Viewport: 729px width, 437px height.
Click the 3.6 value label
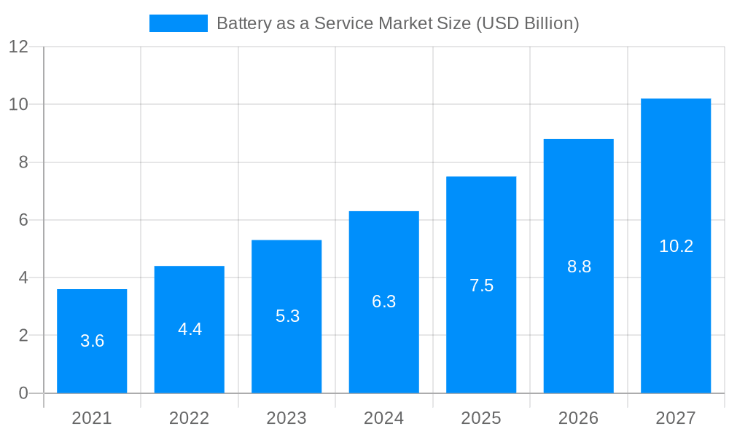[92, 341]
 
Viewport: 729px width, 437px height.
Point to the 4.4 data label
[190, 329]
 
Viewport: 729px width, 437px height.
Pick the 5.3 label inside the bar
[287, 316]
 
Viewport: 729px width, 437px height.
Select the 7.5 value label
[481, 286]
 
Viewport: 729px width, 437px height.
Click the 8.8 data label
[579, 267]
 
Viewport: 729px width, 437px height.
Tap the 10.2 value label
[676, 246]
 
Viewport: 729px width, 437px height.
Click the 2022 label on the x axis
[189, 418]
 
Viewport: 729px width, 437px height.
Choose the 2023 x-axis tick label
[286, 418]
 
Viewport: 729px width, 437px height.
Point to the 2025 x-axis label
[481, 418]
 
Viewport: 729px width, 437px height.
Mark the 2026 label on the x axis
[578, 418]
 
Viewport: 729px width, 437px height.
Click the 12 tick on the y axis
[18, 47]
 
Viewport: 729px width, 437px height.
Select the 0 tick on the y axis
[23, 393]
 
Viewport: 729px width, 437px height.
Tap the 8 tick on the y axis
[23, 162]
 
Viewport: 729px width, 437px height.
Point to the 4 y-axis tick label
[23, 277]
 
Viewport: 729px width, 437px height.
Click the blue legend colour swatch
[179, 23]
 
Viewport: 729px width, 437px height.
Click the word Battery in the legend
[243, 23]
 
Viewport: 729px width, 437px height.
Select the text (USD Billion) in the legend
[527, 23]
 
